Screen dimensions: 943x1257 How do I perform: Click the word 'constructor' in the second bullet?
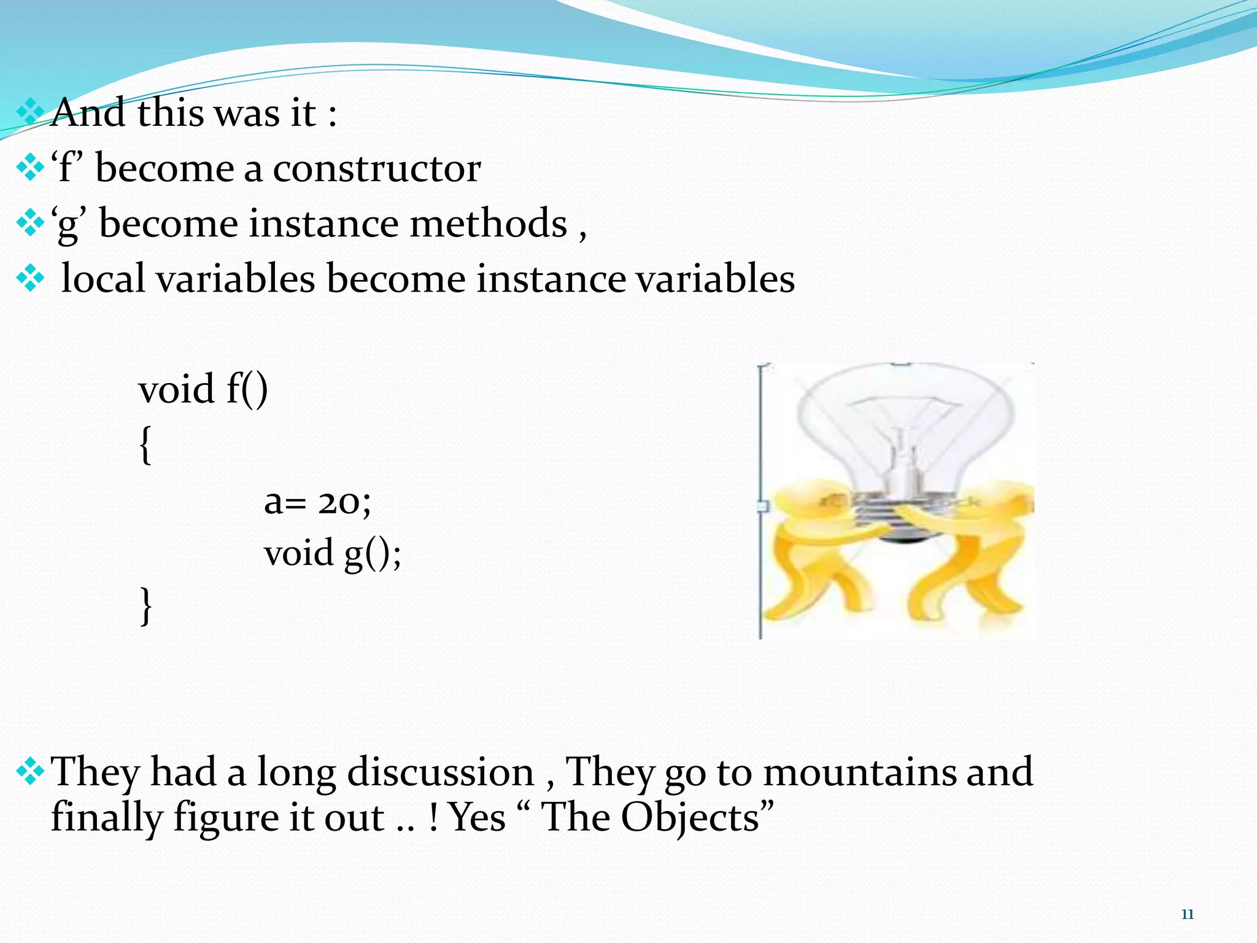[376, 168]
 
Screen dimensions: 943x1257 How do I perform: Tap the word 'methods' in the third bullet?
[488, 223]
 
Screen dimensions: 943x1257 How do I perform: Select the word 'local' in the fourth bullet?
[103, 278]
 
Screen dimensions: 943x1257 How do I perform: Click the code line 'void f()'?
[203, 389]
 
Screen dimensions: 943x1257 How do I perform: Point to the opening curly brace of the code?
[145, 444]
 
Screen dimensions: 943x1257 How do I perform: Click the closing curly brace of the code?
[145, 605]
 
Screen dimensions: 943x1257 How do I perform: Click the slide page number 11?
[1187, 914]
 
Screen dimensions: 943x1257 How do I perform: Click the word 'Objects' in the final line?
[690, 818]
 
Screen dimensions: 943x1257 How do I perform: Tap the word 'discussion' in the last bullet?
[440, 772]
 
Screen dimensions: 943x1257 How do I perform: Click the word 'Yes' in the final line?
[477, 818]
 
